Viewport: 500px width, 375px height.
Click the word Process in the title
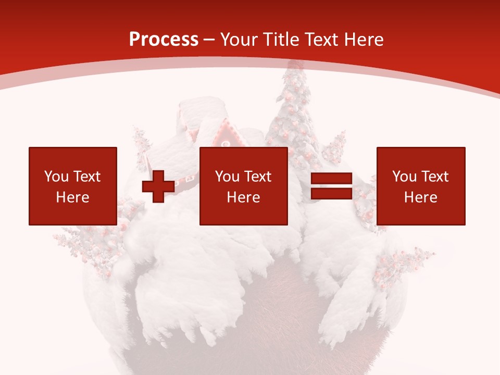[x=164, y=40]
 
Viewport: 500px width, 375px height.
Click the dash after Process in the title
[x=209, y=40]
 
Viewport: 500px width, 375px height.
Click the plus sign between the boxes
[x=158, y=186]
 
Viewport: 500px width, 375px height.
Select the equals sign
[x=331, y=186]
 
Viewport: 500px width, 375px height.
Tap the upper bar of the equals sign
[x=331, y=179]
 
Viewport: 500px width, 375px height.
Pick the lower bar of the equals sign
[x=331, y=194]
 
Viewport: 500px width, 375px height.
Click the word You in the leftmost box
[x=56, y=177]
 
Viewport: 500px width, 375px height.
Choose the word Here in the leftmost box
[x=72, y=197]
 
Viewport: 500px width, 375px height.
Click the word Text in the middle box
[x=258, y=177]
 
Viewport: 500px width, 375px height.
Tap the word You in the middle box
[x=227, y=177]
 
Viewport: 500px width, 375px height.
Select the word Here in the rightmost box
[x=420, y=197]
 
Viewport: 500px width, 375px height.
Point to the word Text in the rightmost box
[x=435, y=177]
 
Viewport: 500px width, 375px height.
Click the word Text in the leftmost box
[x=87, y=177]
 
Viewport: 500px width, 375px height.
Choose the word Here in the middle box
[x=243, y=197]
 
